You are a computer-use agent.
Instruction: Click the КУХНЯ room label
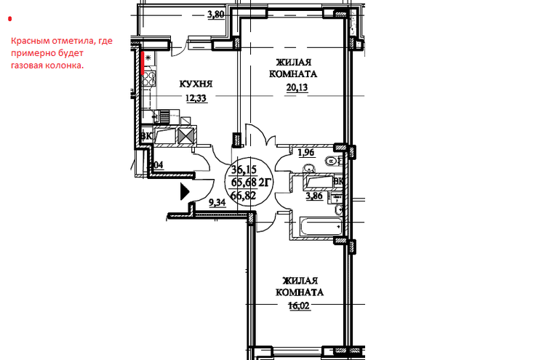pyautogui.click(x=196, y=84)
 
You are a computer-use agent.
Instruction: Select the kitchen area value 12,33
pyautogui.click(x=196, y=98)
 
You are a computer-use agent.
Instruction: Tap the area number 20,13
pyautogui.click(x=297, y=87)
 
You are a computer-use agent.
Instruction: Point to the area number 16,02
pyautogui.click(x=300, y=306)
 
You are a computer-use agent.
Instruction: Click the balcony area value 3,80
pyautogui.click(x=216, y=15)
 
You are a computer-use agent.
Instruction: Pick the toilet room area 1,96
pyautogui.click(x=306, y=153)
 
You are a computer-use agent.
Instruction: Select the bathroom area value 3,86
pyautogui.click(x=315, y=196)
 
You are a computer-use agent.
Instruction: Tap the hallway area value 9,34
pyautogui.click(x=217, y=203)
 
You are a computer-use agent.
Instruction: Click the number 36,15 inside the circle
pyautogui.click(x=244, y=169)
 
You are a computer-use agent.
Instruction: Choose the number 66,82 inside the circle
pyautogui.click(x=244, y=196)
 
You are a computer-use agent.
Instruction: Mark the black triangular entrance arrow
pyautogui.click(x=185, y=192)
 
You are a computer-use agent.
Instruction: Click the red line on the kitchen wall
pyautogui.click(x=142, y=63)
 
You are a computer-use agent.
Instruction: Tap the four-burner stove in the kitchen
pyautogui.click(x=149, y=79)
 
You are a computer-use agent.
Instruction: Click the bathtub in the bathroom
pyautogui.click(x=318, y=226)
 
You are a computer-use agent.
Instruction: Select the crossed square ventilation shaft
pyautogui.click(x=186, y=135)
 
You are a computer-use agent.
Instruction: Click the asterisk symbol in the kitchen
pyautogui.click(x=148, y=57)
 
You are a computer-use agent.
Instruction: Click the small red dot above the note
pyautogui.click(x=10, y=19)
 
